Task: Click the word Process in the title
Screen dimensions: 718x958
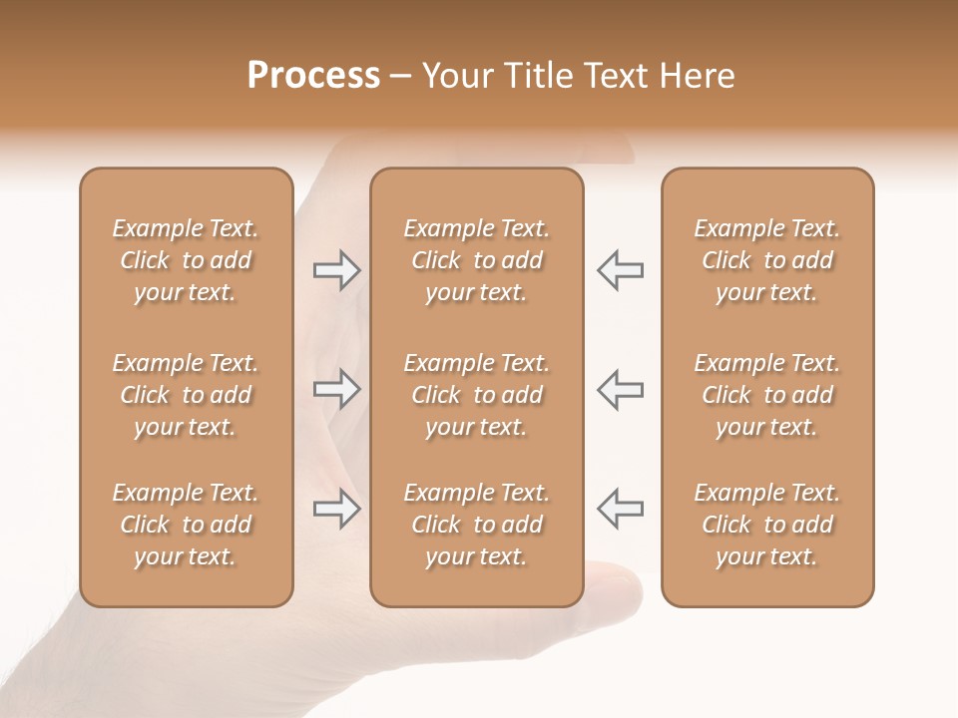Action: pyautogui.click(x=313, y=76)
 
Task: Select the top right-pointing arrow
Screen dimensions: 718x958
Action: pyautogui.click(x=336, y=269)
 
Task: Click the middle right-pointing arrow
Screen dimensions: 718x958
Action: pyautogui.click(x=336, y=389)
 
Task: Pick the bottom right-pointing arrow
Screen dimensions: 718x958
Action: pyautogui.click(x=336, y=509)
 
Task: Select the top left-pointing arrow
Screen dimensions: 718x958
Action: pyautogui.click(x=621, y=269)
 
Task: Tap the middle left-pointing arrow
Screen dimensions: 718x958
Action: pyautogui.click(x=621, y=389)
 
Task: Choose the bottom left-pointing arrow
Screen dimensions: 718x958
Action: pyautogui.click(x=621, y=509)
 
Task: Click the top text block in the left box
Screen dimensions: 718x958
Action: pyautogui.click(x=186, y=260)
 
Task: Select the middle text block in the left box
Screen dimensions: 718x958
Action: pyautogui.click(x=186, y=395)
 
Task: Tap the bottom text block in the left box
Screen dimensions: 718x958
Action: pyautogui.click(x=186, y=525)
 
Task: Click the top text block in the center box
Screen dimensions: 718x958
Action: pyautogui.click(x=477, y=260)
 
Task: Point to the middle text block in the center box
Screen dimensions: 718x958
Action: pyautogui.click(x=477, y=395)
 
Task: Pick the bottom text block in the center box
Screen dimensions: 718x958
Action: pyautogui.click(x=477, y=525)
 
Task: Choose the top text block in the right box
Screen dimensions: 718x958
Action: pyautogui.click(x=767, y=260)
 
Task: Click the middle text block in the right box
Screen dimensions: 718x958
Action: pyautogui.click(x=767, y=395)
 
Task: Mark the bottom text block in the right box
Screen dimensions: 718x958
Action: pyautogui.click(x=767, y=525)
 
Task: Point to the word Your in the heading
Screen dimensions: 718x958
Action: pyautogui.click(x=456, y=76)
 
